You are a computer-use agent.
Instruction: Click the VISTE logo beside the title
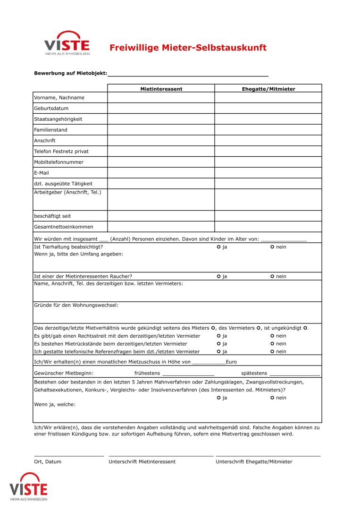pos(67,44)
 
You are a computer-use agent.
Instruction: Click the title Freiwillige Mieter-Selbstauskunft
pos(188,48)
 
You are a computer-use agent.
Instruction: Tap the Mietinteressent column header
pos(161,89)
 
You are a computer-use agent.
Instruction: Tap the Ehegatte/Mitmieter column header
pos(268,89)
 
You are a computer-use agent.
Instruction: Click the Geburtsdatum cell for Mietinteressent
pos(161,109)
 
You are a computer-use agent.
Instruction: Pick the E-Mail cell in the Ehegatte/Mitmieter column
pos(268,173)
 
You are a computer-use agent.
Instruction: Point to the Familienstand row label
pos(50,130)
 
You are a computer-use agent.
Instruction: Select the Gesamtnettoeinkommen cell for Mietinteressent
pos(161,227)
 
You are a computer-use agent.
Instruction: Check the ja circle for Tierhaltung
pos(219,247)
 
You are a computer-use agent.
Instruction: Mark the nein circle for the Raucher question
pos(273,276)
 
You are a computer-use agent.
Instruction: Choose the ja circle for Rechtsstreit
pos(219,336)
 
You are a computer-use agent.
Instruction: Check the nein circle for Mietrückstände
pos(273,344)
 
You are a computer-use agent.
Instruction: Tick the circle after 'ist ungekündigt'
pos(306,328)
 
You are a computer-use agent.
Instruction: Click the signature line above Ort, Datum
pos(69,455)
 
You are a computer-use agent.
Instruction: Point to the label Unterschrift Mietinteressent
pos(142,462)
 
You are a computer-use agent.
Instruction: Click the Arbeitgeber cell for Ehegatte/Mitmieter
pos(268,200)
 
